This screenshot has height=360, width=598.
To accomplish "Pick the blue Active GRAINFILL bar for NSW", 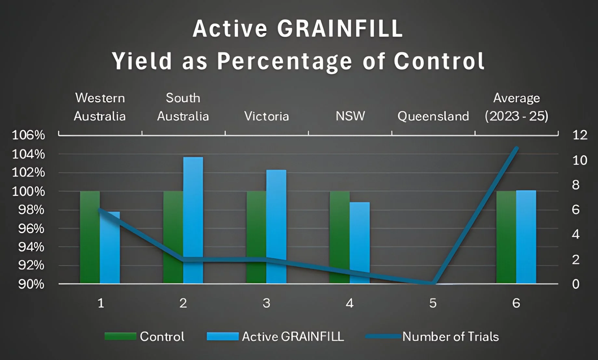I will tap(360, 242).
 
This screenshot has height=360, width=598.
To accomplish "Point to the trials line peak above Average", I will tap(516, 148).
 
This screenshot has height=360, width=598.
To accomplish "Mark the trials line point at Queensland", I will tap(433, 283).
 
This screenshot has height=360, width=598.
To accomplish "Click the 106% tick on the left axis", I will tap(28, 135).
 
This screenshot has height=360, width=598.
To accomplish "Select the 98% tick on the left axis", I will tap(31, 210).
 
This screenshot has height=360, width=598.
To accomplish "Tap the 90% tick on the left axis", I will tap(31, 284).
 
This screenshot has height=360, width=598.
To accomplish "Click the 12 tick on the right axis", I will tap(580, 135).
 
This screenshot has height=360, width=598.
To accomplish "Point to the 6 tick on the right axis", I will tap(576, 210).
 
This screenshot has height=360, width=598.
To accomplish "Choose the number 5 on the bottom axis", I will tap(433, 303).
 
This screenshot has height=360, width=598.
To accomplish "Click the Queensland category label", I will tap(433, 116).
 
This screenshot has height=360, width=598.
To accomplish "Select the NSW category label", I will tap(350, 116).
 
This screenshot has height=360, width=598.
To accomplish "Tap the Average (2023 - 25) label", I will tap(516, 107).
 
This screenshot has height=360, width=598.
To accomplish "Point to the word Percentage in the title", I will tap(285, 61).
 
